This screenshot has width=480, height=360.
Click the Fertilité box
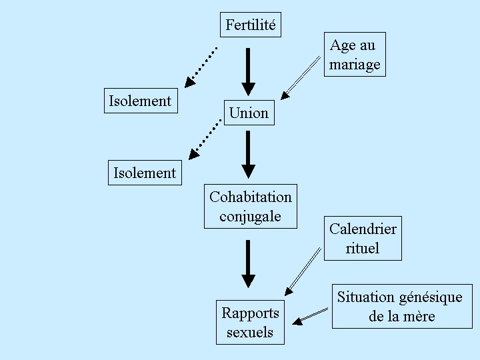pos(250,25)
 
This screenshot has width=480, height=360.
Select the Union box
pos(249,113)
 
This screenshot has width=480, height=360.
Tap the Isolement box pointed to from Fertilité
pos(141,101)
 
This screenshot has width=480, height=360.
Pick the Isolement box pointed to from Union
pos(145,173)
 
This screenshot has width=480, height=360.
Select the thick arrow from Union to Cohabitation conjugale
pos(248,154)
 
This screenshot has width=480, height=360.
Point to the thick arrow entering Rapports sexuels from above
pos(248,263)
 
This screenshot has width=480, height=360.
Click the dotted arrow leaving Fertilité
pos(201,67)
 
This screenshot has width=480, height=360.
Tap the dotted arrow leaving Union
pos(205,139)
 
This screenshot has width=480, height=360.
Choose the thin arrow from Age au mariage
pos(301,77)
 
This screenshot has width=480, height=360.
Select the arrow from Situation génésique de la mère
pos(311,316)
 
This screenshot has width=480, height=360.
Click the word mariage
pos(355,65)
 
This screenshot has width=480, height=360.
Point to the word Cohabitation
pos(251,197)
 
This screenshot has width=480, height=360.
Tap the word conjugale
pos(250,216)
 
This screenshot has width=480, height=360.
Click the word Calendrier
pos(363,229)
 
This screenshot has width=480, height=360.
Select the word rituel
pos(363,248)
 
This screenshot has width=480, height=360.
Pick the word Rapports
pos(250,313)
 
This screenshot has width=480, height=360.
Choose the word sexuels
pos(250,332)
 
